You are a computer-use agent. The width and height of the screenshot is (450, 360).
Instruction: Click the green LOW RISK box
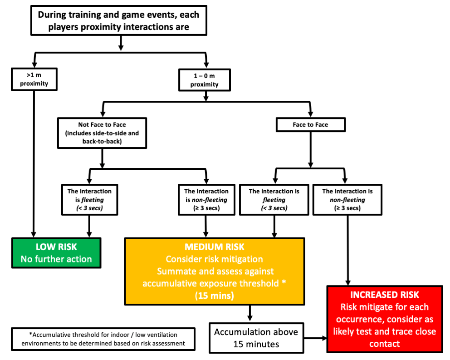pyautogui.click(x=57, y=253)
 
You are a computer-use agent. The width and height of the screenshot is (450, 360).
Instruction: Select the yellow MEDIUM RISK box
pyautogui.click(x=214, y=271)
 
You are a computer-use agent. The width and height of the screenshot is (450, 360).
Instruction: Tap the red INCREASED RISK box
pyautogui.click(x=384, y=319)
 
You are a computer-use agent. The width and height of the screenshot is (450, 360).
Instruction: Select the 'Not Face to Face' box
pyautogui.click(x=102, y=133)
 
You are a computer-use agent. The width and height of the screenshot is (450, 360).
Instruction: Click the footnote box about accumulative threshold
pyautogui.click(x=103, y=339)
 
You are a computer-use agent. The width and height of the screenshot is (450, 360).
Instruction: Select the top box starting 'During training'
pyautogui.click(x=118, y=21)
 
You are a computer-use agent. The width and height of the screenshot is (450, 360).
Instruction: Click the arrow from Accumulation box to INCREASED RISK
pyautogui.click(x=315, y=338)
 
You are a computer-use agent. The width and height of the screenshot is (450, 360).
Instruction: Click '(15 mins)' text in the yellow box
pyautogui.click(x=214, y=295)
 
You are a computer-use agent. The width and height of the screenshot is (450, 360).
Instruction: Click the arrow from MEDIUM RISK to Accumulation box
pyautogui.click(x=249, y=313)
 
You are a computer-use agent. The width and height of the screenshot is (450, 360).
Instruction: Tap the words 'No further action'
pyautogui.click(x=57, y=260)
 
